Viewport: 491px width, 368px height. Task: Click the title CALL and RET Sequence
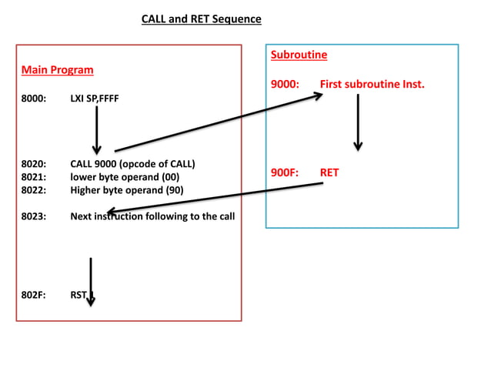click(201, 18)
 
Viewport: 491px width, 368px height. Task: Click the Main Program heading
click(57, 70)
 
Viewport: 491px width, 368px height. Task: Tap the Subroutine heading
click(299, 55)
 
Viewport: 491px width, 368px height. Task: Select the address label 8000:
click(34, 99)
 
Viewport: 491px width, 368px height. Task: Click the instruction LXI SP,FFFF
click(95, 99)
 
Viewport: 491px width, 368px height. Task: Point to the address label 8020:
click(34, 164)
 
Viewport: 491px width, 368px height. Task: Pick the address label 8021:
click(34, 177)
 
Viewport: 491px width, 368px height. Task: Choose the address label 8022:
click(34, 190)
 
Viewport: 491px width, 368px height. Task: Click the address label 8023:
click(34, 216)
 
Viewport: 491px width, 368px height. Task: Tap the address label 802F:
click(34, 293)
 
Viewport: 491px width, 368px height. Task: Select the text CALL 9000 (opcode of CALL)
click(132, 164)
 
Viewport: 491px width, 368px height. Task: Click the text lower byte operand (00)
click(125, 177)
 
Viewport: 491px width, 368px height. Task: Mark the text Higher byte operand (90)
click(127, 190)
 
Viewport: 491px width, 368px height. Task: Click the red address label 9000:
click(286, 84)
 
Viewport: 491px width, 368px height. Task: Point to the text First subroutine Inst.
click(372, 84)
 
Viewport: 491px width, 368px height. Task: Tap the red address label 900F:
click(285, 172)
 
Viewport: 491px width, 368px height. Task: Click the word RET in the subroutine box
click(329, 172)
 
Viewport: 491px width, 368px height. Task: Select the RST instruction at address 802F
click(78, 293)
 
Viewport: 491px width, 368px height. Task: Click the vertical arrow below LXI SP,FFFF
click(97, 129)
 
